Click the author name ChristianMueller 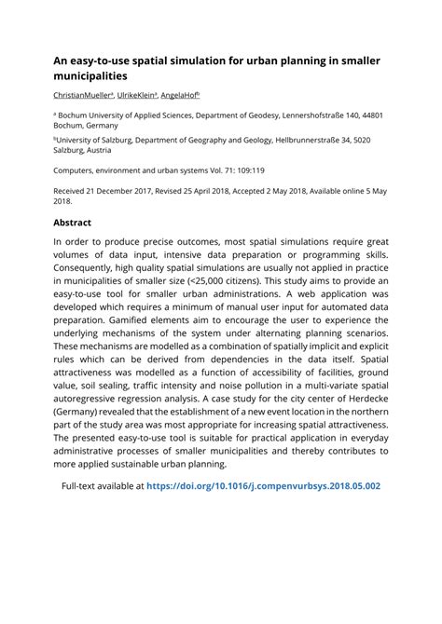pyautogui.click(x=82, y=95)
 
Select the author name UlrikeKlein pyautogui.click(x=136, y=95)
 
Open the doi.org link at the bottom pyautogui.click(x=264, y=485)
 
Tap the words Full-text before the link pyautogui.click(x=82, y=485)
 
